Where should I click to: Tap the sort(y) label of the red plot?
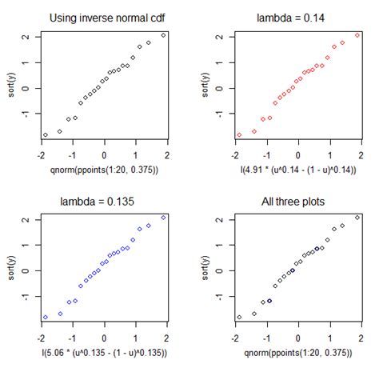207,86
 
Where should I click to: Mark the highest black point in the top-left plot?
164,35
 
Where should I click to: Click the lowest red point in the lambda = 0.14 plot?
239,135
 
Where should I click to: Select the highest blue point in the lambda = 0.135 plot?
164,218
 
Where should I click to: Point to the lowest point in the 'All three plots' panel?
239,318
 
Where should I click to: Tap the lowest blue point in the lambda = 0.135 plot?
45,318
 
